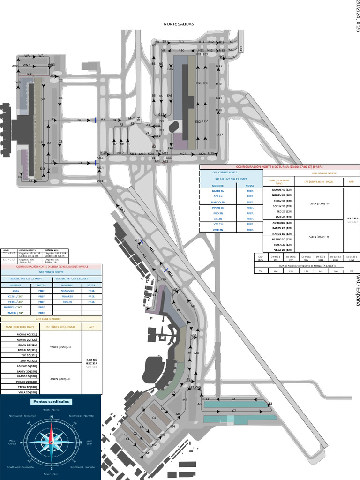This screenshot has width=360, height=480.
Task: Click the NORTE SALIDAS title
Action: pos(179,24)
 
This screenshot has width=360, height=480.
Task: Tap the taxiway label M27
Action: pos(219,135)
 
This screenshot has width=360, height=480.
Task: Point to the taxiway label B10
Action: pos(181,42)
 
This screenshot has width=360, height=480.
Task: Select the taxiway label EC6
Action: pos(205,83)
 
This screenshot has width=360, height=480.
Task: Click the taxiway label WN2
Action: pos(26,65)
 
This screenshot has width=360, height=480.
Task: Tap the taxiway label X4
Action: pos(60,98)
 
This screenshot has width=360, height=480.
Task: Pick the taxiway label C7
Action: pos(234,411)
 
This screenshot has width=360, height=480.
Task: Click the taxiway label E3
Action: pos(270,403)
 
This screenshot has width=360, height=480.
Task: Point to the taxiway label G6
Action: pos(138,240)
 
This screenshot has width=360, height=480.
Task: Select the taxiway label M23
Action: pos(183,154)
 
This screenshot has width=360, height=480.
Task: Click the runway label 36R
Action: pos(240,48)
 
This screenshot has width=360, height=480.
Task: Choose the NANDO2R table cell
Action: pos(67,291)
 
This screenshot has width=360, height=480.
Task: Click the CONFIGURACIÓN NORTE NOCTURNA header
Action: pos(279,167)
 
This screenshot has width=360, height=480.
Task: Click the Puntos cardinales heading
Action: pos(51,402)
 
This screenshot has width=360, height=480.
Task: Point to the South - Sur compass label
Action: pos(51,474)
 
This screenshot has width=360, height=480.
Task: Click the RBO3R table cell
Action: pos(67,302)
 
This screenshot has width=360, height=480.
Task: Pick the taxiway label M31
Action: pos(219,67)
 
